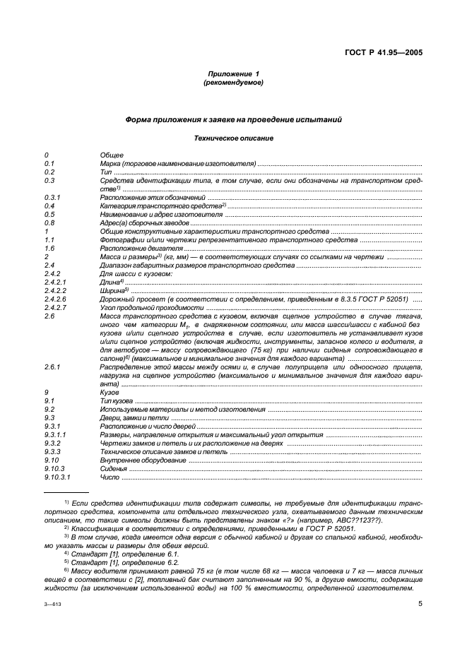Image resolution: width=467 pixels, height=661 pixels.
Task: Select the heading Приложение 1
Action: click(233, 74)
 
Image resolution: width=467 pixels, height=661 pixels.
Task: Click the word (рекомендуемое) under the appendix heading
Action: click(233, 83)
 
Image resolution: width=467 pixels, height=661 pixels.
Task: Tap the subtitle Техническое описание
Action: click(233, 138)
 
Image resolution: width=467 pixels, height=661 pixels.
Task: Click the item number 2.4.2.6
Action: click(55, 299)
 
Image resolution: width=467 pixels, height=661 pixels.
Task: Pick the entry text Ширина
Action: click(114, 290)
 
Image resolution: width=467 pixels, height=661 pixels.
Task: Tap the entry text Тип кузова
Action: click(119, 400)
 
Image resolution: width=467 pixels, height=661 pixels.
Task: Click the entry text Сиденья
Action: click(114, 468)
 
